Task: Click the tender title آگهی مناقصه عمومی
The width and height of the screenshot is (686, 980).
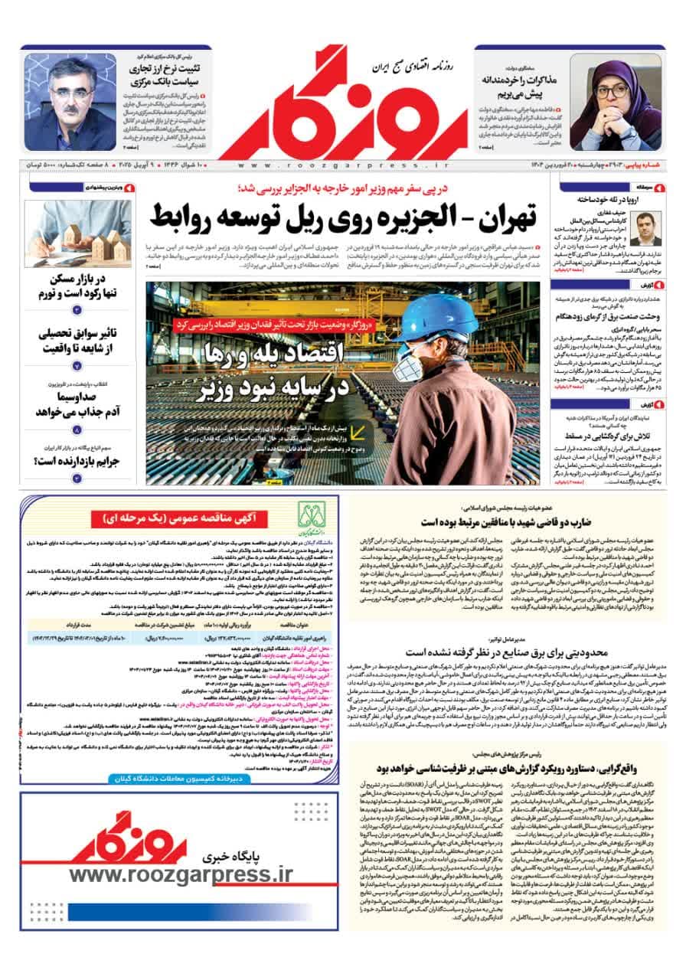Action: tap(188, 518)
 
